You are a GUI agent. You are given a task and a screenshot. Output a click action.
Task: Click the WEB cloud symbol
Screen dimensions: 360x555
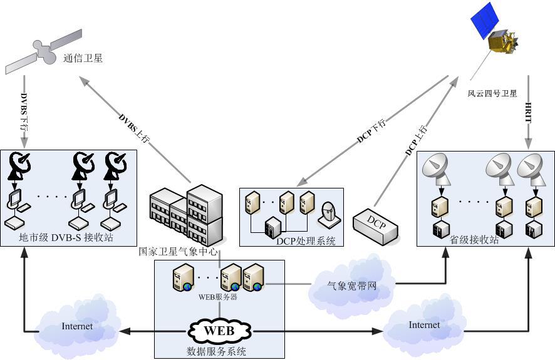[x=219, y=330]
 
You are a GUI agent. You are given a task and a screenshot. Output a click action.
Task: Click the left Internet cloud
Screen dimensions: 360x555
[x=77, y=326]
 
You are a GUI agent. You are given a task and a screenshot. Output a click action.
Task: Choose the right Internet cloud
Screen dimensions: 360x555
[x=424, y=325]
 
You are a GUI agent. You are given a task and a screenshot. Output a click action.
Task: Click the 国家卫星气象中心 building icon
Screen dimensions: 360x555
[x=187, y=215]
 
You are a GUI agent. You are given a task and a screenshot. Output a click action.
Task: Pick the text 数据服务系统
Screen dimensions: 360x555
[x=216, y=351]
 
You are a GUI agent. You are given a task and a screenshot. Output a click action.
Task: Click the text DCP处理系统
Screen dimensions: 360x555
[x=305, y=241]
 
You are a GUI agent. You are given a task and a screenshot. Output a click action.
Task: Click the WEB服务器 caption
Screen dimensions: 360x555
[x=218, y=297]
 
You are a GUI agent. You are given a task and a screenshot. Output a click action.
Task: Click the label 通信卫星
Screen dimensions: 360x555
[x=83, y=59]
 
